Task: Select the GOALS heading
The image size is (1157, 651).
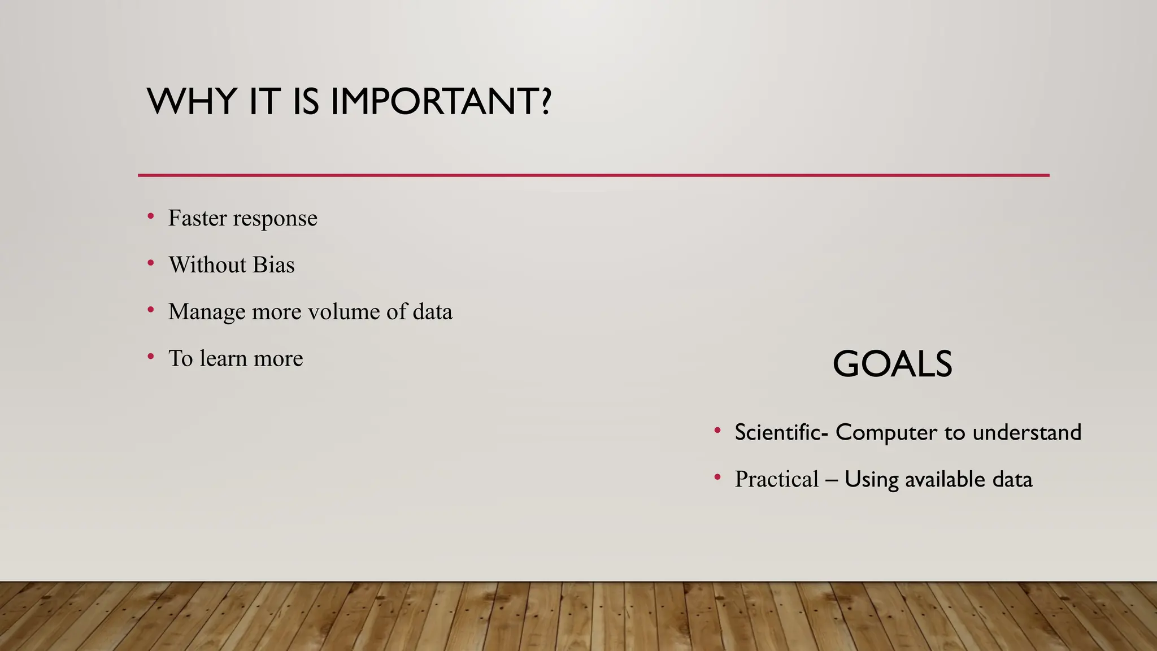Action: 892,364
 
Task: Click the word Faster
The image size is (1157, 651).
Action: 197,218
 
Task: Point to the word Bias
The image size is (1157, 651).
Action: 273,265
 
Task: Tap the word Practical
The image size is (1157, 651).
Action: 776,479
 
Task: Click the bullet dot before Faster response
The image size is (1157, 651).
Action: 151,216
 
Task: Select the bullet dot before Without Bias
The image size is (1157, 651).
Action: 151,263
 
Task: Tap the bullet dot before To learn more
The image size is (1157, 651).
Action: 151,357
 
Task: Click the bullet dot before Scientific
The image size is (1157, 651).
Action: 717,431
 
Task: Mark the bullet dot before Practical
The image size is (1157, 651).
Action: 717,478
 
